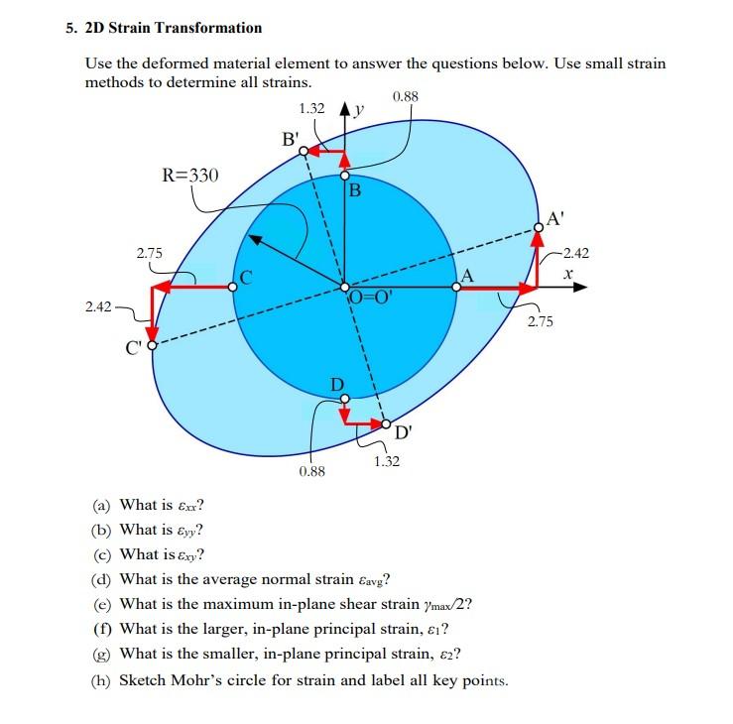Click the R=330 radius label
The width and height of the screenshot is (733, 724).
[190, 177]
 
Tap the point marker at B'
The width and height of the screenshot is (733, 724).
[305, 152]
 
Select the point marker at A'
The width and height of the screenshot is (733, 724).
[538, 227]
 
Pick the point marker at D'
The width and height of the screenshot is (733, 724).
[388, 423]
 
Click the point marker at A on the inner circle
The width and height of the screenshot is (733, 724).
[456, 287]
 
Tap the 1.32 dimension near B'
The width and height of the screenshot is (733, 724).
[312, 107]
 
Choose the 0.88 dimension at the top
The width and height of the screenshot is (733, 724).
[406, 96]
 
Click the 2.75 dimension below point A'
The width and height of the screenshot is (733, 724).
[541, 322]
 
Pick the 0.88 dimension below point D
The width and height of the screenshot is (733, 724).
[311, 473]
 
